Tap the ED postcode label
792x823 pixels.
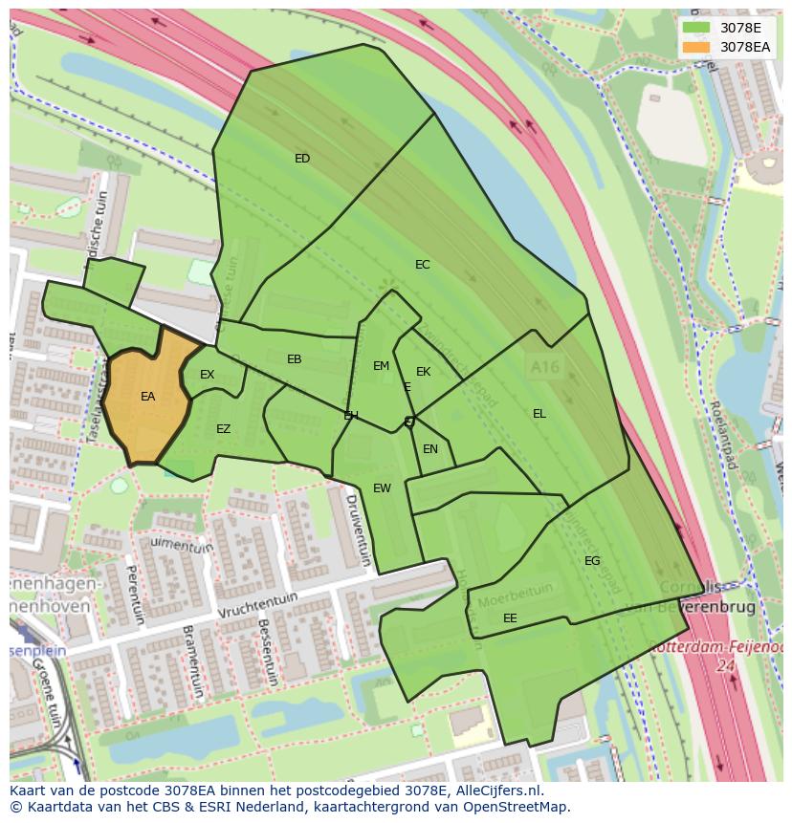pos(302,159)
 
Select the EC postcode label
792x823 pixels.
pos(422,265)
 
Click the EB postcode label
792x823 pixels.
pos(295,359)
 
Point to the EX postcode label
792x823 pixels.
pos(208,375)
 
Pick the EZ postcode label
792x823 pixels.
pos(223,429)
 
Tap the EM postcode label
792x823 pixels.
pos(381,366)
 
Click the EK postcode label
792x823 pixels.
pos(423,372)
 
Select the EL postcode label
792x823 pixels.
pos(539,414)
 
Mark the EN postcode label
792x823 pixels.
pos(430,449)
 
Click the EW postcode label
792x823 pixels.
pos(382,488)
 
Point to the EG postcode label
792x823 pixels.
pos(592,561)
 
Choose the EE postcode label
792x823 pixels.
pos(510,618)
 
